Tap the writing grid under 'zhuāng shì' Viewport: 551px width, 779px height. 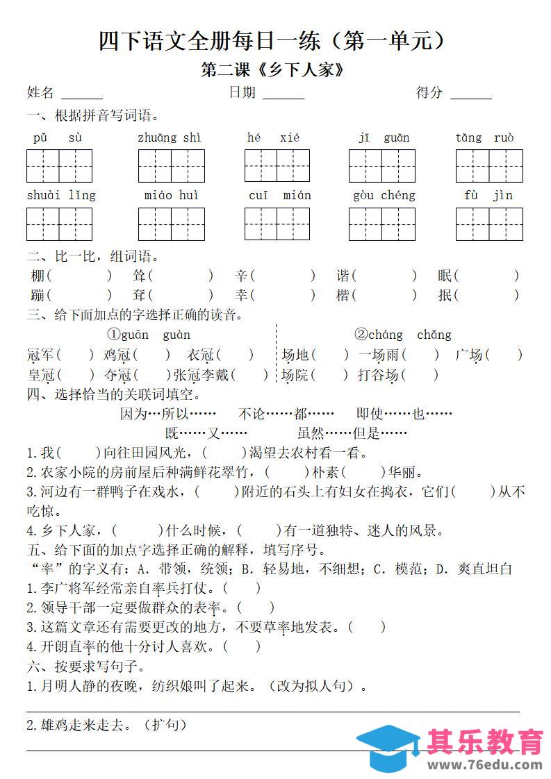(171, 166)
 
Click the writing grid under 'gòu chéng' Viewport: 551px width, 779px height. (381, 224)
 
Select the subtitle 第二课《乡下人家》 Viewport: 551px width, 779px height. (272, 71)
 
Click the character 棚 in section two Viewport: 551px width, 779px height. (38, 276)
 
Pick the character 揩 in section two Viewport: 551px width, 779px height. (343, 295)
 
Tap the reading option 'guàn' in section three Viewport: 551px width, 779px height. (176, 335)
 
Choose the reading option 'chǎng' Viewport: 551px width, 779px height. (434, 335)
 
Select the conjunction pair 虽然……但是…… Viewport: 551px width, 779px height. (352, 433)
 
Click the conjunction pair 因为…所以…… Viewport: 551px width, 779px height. (158, 414)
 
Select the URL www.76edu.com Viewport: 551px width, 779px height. (484, 764)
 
